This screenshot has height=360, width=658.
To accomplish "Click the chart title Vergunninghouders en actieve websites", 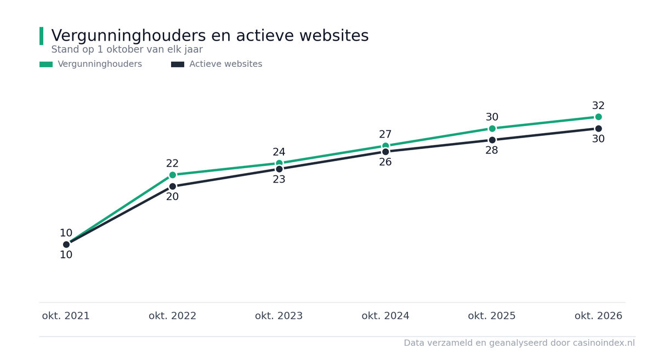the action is point(209,36).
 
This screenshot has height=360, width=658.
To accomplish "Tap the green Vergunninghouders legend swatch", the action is point(46,64).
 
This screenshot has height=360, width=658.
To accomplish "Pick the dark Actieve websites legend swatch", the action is point(178,64).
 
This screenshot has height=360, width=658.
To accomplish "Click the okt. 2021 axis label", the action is point(66,316).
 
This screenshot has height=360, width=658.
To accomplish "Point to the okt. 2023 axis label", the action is point(279,316).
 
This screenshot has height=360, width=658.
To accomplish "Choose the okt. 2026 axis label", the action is point(598,316).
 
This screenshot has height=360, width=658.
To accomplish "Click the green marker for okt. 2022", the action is point(173,175).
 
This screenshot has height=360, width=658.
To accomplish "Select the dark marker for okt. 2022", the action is point(173,186).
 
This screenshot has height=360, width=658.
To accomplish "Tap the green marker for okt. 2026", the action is point(598,117).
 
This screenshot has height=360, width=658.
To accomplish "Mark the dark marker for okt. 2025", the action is point(492,140).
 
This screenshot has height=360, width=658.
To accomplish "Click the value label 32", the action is point(598,105).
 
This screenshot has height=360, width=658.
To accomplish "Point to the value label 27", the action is point(385,134).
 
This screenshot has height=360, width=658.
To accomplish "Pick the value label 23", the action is point(279,179).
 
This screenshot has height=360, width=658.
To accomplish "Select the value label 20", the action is point(172,197).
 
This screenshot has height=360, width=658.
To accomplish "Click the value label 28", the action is point(492,150).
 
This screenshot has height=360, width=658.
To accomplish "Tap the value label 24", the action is point(279,152).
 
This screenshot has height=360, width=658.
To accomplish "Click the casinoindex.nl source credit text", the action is point(519,343).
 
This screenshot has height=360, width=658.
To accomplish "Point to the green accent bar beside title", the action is point(42,36).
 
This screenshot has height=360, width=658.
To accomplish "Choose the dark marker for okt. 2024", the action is point(385,152).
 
